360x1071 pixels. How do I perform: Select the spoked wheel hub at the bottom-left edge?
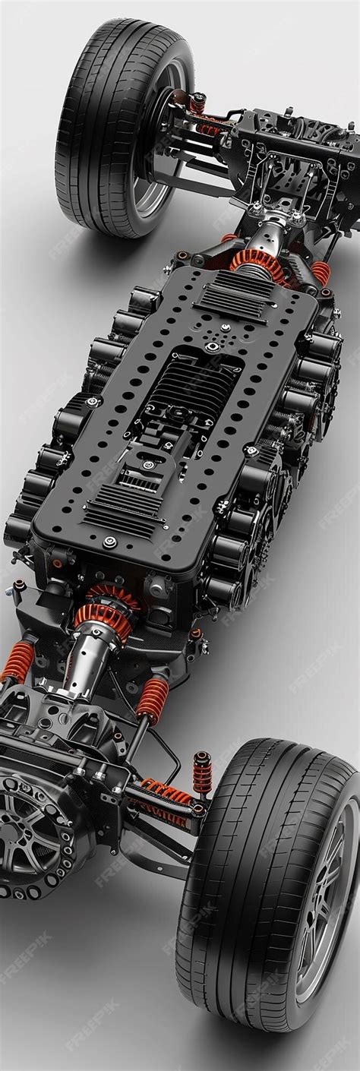[30, 828]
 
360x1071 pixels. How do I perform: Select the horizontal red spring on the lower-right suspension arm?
[167, 794]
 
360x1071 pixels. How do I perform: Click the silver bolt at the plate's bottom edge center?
[111, 541]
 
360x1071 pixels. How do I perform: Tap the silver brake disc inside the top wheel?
[163, 152]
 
